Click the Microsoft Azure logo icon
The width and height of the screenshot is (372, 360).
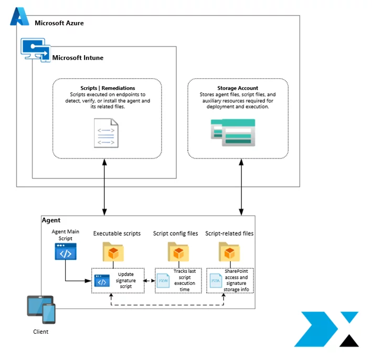coord(19,17)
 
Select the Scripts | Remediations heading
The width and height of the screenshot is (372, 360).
coord(107,88)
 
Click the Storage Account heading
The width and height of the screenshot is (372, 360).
coord(238,88)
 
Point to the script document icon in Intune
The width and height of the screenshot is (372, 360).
coord(107,133)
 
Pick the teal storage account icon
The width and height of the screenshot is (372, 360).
coord(233,133)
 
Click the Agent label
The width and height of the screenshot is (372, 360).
coord(51,221)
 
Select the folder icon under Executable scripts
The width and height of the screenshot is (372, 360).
coord(113,251)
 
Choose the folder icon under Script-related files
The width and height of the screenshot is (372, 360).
coord(229,251)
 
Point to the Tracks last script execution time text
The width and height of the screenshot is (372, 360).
coord(184,280)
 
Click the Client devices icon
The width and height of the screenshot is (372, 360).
coord(41,309)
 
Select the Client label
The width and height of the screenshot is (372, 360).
coord(40,332)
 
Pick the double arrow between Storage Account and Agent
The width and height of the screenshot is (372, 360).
coord(242,186)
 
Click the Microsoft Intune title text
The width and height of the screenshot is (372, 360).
coord(78,57)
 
